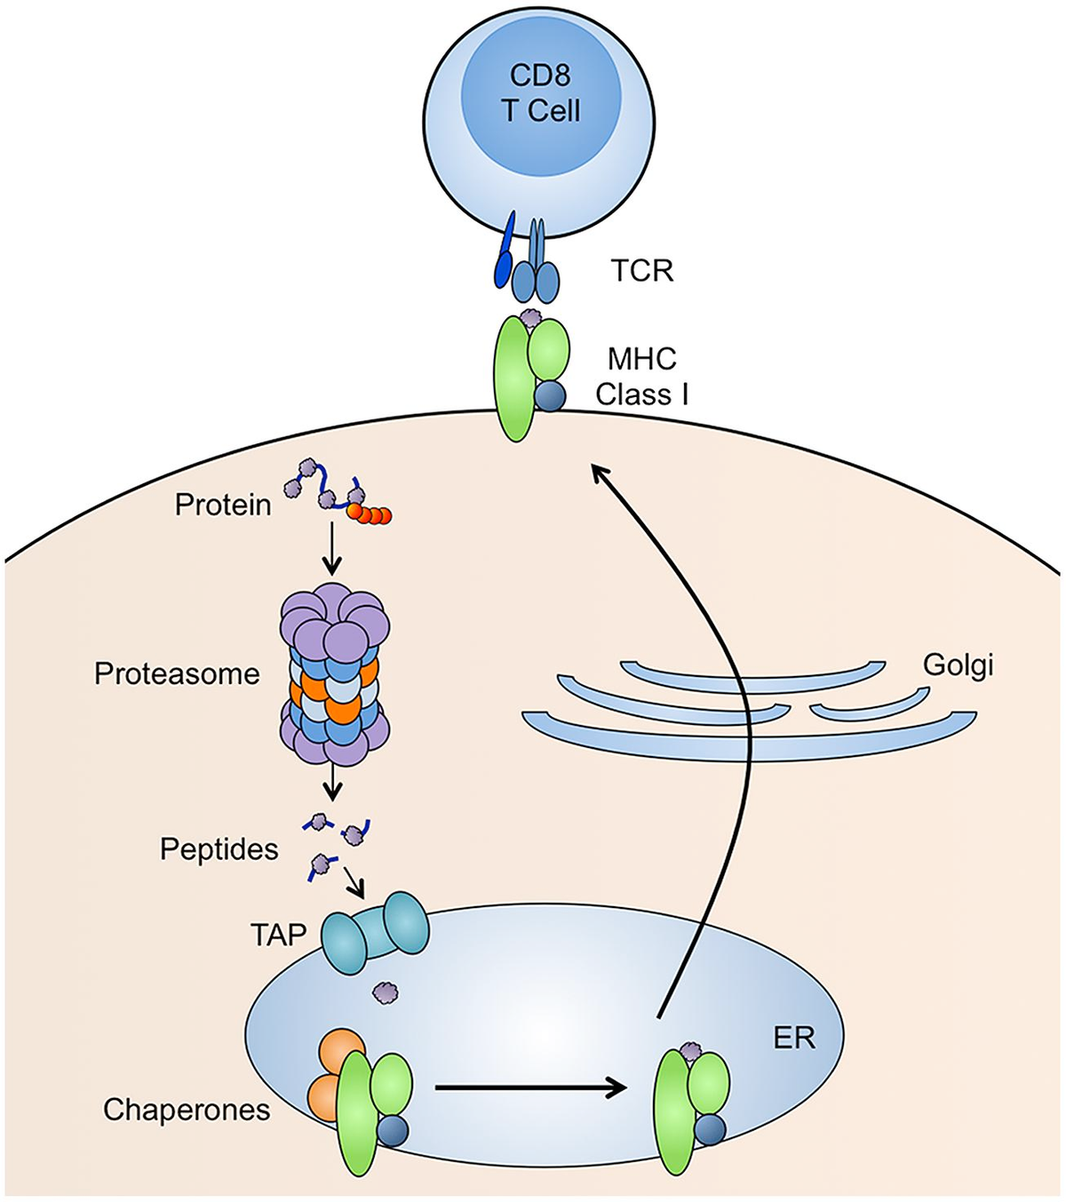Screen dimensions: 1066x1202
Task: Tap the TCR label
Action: tap(642, 271)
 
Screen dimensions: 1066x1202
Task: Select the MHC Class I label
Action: tap(642, 377)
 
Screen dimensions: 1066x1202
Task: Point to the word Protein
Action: tap(223, 505)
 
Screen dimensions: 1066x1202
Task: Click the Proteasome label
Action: tap(178, 673)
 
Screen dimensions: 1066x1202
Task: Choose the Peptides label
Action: tap(219, 849)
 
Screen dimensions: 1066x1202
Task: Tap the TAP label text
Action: tap(279, 935)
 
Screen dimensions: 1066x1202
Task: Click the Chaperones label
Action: tap(187, 1109)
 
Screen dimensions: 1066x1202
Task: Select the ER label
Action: tap(795, 1039)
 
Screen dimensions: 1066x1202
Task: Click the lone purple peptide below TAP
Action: tap(386, 991)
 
